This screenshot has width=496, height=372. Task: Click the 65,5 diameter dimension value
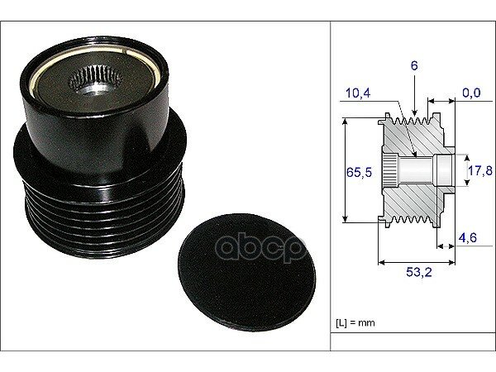359,173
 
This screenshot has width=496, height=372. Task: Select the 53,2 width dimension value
419,272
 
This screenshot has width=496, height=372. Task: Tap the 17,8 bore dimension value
479,171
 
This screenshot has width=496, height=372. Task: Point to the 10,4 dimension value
358,93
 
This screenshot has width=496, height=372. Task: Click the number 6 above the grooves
414,65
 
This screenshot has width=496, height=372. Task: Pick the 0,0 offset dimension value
471,93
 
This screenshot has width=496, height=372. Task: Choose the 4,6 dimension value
468,237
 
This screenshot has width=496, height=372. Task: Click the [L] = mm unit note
355,323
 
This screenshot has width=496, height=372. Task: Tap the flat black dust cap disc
246,273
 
